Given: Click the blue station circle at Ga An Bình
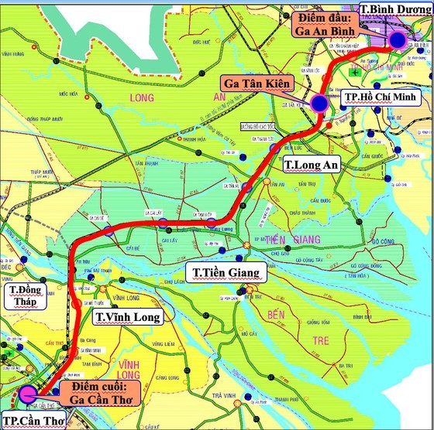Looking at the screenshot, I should (398, 40).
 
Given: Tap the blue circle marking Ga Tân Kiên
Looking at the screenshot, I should (319, 102).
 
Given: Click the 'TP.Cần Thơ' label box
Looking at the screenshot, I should (31, 421).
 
